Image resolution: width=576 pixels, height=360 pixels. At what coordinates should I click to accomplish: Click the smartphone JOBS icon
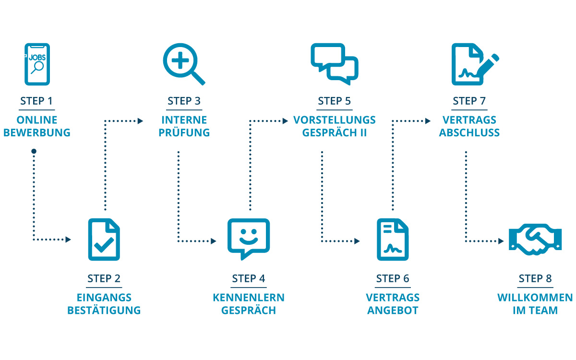pyautogui.click(x=37, y=64)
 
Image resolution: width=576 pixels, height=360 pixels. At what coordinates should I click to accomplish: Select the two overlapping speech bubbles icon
pyautogui.click(x=335, y=64)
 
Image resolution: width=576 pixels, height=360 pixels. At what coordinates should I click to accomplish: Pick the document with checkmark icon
pyautogui.click(x=104, y=240)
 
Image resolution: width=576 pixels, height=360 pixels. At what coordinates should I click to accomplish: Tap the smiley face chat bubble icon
pyautogui.click(x=248, y=239)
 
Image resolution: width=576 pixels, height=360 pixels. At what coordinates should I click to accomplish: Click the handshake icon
pyautogui.click(x=535, y=239)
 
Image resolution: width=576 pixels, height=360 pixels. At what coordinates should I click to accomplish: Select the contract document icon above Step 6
pyautogui.click(x=392, y=240)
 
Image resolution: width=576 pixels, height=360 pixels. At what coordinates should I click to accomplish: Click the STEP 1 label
pyautogui.click(x=37, y=101)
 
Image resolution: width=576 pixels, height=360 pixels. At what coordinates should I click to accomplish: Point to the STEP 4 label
pyautogui.click(x=248, y=279)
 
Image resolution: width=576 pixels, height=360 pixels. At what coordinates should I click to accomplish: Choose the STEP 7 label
pyautogui.click(x=469, y=101)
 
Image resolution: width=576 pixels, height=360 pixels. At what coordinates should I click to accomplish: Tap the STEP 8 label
pyautogui.click(x=535, y=279)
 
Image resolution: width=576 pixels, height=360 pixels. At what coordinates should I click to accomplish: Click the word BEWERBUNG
pyautogui.click(x=37, y=133)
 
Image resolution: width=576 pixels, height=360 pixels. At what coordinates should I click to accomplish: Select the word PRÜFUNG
pyautogui.click(x=184, y=133)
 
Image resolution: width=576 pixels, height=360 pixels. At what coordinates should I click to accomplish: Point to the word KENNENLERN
pyautogui.click(x=248, y=298)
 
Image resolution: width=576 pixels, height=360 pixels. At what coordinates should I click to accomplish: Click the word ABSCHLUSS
pyautogui.click(x=469, y=133)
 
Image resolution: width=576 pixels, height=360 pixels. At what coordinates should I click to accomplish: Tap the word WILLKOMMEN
pyautogui.click(x=535, y=298)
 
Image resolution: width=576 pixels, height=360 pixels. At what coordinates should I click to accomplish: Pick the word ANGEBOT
pyautogui.click(x=392, y=311)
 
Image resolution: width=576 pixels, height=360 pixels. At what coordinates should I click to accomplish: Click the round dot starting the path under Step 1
pyautogui.click(x=34, y=152)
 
